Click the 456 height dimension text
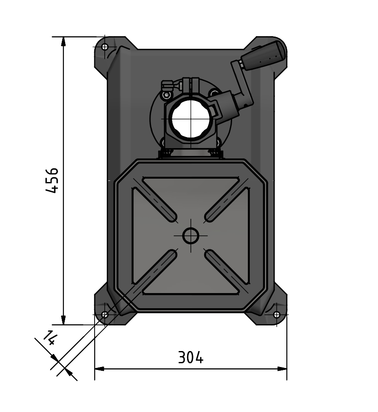(52, 180)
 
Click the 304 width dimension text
(190, 357)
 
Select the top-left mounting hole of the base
(105, 47)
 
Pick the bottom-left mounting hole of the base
(105, 314)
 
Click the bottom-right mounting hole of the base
(277, 314)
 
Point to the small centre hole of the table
(190, 236)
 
